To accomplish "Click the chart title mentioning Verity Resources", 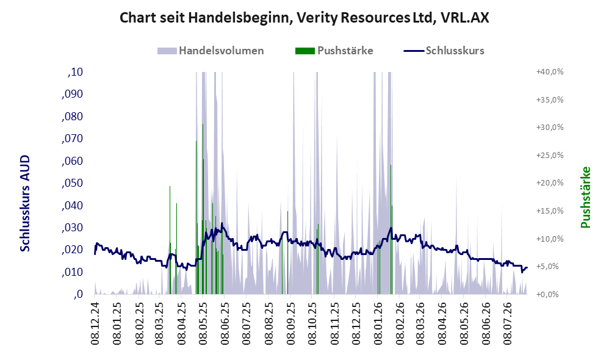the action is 304,18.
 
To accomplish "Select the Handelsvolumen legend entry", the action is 211,51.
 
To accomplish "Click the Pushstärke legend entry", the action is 334,51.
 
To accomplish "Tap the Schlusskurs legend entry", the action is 444,51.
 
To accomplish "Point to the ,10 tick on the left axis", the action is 75,72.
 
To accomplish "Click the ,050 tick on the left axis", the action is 72,183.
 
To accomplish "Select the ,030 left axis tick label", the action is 72,228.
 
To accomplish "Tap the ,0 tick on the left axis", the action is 78,294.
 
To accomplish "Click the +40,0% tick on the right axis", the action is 550,72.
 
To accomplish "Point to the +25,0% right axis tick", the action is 550,156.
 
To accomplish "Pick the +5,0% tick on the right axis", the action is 552,267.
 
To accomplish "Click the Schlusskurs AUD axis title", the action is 25,203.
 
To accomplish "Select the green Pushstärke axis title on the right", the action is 585,197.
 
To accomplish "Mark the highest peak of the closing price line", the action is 222,223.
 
